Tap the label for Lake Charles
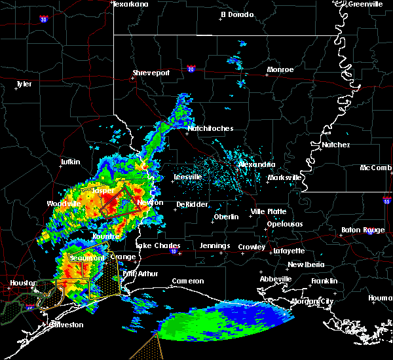tap(157, 245)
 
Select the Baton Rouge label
tap(363, 230)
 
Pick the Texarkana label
tap(131, 4)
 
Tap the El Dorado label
tap(236, 14)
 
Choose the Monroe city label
tap(280, 69)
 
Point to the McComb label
tap(376, 168)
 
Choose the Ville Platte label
tap(269, 211)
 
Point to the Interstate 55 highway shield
tap(386, 203)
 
